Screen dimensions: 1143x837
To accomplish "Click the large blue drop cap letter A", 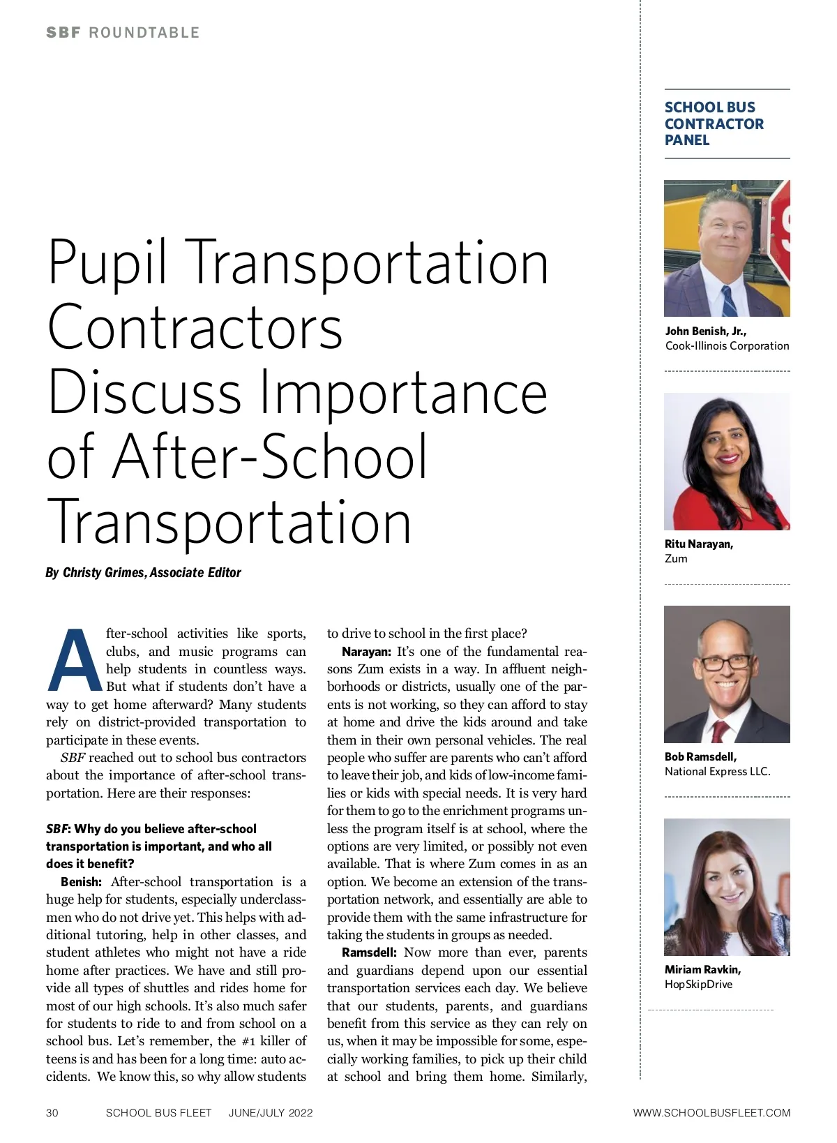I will pos(74,660).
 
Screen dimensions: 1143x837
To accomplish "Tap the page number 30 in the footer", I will pos(52,1112).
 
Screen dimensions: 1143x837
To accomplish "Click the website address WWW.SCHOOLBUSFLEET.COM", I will pos(711,1112).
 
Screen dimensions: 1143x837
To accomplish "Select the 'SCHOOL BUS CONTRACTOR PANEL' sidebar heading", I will pos(714,124).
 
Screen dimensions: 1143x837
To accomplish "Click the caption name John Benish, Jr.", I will pos(705,331).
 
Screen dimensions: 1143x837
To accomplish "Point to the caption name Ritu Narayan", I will pos(698,544).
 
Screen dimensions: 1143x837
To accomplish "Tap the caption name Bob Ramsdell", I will pos(700,756).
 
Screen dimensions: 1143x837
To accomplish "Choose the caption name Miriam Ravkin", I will pos(702,969).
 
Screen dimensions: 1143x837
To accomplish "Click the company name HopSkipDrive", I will pos(698,984).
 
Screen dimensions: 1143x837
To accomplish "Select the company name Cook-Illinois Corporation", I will pos(727,345).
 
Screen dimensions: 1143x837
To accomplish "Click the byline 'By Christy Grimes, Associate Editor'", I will pos(143,572).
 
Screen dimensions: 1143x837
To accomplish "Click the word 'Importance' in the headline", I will pos(404,392).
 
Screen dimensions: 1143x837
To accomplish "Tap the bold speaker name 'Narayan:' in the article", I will pos(366,652).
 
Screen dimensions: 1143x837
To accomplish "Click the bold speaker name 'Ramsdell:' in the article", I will pos(369,952).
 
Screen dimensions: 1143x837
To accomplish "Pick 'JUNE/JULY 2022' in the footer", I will pos(271,1112).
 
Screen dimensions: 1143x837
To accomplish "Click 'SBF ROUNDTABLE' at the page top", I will pos(123,33).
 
